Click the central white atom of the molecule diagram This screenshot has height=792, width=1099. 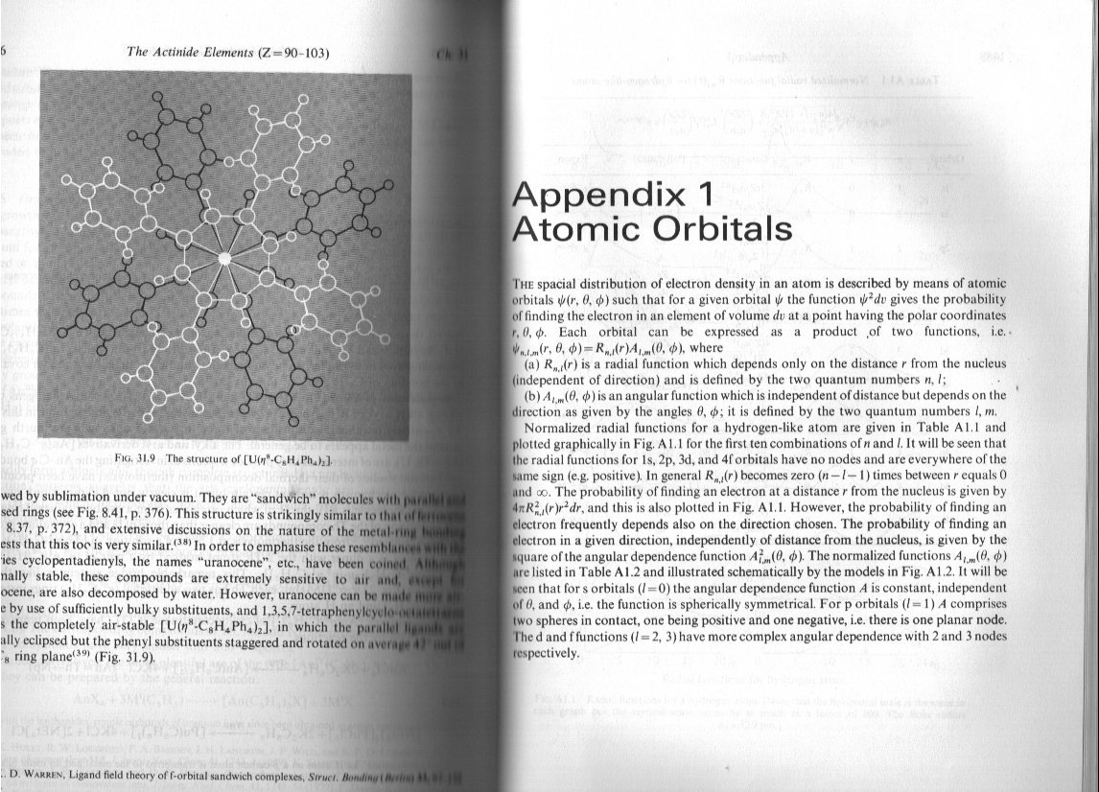224,258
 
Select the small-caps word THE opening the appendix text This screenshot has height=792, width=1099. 528,284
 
